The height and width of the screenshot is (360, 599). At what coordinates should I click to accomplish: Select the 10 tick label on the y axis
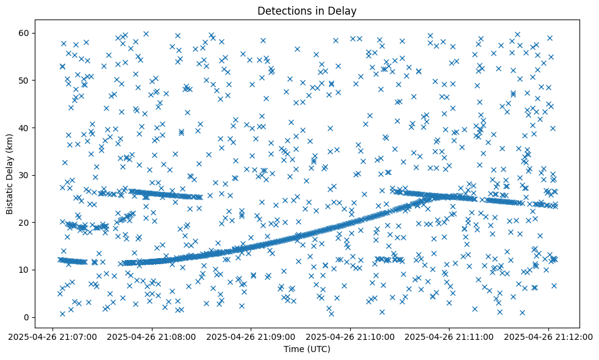click(x=25, y=270)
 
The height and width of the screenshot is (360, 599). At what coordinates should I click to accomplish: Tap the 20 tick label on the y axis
click(x=25, y=222)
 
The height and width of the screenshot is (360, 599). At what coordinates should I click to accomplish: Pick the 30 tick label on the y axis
click(x=25, y=175)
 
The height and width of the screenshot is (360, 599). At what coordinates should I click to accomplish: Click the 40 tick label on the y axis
click(x=25, y=128)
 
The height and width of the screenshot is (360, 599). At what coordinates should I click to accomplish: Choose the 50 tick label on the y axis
click(x=25, y=80)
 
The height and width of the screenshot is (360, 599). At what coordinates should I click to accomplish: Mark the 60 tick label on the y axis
click(x=25, y=32)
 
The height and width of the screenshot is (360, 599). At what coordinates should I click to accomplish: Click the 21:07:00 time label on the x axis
click(x=52, y=336)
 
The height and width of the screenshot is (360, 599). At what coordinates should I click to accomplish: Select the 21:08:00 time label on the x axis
click(x=151, y=336)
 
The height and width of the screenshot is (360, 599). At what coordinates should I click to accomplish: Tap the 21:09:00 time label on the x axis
click(x=251, y=336)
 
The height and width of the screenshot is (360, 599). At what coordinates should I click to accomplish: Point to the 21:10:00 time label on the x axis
click(x=350, y=336)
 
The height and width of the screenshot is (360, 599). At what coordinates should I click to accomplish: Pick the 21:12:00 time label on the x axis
click(x=548, y=336)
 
